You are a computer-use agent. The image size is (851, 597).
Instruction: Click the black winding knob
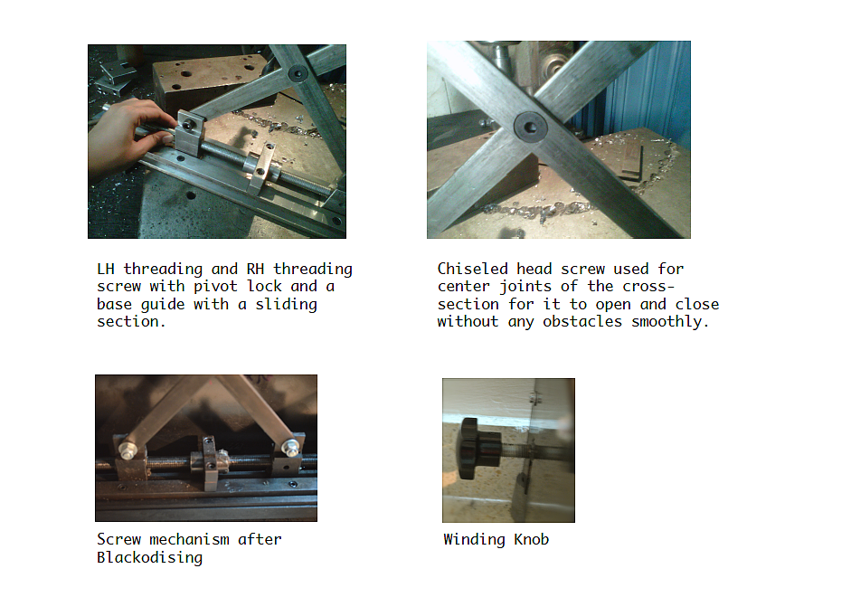(479, 448)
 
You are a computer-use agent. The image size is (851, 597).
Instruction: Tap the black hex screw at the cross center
(530, 127)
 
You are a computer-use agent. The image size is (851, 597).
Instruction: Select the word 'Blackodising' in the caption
(150, 557)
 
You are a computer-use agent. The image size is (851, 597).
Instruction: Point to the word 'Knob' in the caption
(532, 539)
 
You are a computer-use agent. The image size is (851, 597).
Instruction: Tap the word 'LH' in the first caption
(105, 269)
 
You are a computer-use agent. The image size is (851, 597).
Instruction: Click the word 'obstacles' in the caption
(582, 321)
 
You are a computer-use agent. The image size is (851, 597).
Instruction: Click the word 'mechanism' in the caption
(189, 539)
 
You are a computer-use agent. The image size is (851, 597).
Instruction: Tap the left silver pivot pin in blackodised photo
(128, 450)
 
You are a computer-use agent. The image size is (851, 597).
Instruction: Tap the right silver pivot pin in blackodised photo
(291, 447)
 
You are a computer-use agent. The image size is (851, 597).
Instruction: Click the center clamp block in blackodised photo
(211, 463)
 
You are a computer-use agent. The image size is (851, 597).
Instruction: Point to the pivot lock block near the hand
(189, 134)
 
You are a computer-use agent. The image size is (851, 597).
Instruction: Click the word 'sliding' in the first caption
(286, 305)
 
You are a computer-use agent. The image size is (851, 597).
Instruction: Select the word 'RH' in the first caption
(255, 269)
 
